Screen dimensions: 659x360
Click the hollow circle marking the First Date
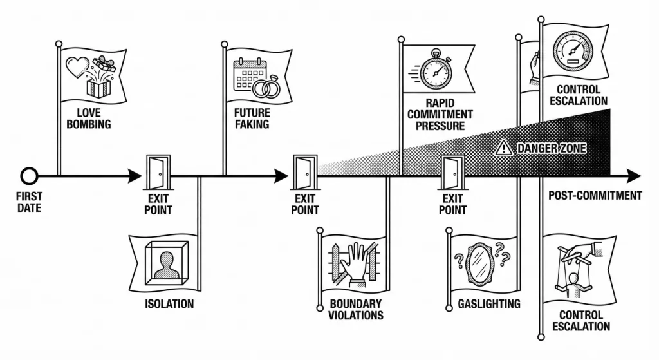(29, 176)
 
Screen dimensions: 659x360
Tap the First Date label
(30, 202)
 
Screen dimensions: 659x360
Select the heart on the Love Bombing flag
(78, 67)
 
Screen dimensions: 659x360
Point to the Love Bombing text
(89, 118)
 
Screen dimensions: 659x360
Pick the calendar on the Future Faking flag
(249, 75)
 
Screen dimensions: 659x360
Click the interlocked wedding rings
(266, 88)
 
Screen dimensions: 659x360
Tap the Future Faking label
(252, 118)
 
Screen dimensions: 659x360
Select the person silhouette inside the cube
(167, 266)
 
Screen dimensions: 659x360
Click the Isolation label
(169, 303)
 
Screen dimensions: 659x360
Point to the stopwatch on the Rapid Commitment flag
(436, 70)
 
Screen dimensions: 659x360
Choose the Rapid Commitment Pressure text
(440, 115)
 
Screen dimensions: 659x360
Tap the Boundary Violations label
(356, 310)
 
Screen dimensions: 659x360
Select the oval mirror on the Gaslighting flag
(479, 264)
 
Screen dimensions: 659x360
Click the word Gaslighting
(489, 303)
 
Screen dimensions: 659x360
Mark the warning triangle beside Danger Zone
(503, 148)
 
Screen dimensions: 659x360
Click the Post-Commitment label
(595, 196)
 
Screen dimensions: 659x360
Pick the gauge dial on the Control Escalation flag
(572, 50)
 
